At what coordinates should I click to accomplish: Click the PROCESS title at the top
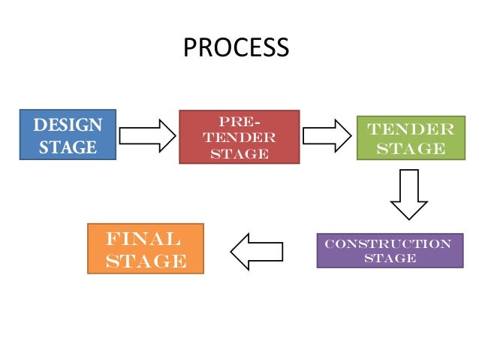coord(236,47)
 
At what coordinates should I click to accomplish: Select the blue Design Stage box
coord(68,135)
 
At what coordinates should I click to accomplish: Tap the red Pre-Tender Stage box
coord(239,137)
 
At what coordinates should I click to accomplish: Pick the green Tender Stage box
coord(410,138)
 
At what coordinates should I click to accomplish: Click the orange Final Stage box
coord(146,248)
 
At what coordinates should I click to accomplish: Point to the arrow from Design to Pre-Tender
coord(147,135)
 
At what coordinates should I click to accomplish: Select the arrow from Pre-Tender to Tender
coord(327,136)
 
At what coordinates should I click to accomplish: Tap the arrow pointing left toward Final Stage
coord(256,251)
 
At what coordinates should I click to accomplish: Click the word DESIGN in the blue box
coord(68,124)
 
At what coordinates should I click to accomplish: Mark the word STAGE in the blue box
coord(68,147)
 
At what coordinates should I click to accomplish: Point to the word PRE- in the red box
coord(239,122)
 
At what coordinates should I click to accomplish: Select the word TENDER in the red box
coord(239,138)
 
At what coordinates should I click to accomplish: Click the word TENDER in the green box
coord(410,129)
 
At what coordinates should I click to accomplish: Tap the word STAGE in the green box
coord(410,148)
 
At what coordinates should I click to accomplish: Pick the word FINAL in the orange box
coord(143,240)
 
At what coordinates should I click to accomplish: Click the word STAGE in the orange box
coord(146,261)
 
